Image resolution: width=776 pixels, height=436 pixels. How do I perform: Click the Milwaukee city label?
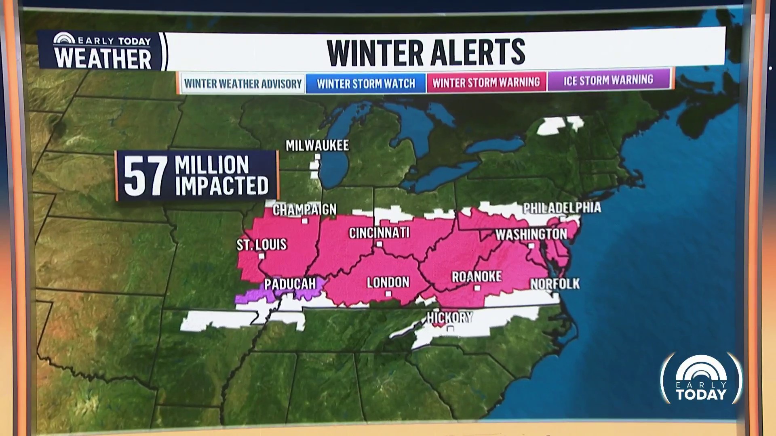point(317,145)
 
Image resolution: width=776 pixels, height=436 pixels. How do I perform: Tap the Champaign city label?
point(304,210)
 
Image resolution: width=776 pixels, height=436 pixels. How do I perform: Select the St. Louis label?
point(261,244)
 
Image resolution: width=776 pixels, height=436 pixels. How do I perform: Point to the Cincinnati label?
point(379,233)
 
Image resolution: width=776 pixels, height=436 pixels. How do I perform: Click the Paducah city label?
point(290,284)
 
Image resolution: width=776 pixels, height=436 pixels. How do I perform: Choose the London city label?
point(388,282)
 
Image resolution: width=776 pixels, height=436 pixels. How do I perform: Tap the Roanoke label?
point(477,277)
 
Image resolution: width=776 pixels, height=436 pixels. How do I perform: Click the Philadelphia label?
point(562,208)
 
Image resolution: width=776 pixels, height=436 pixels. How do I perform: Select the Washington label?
point(531,234)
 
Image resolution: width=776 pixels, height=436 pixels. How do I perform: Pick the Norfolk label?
point(555,284)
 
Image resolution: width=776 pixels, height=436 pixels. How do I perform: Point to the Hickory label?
point(449,317)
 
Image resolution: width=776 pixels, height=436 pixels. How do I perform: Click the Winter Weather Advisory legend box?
point(242,84)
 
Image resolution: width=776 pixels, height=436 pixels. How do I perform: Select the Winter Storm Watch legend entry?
point(366,84)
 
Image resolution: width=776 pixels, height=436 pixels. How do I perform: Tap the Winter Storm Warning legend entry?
point(486,82)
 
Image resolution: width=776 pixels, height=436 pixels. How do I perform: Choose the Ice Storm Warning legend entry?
point(608,80)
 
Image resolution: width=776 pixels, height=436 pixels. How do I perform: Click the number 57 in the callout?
point(145,176)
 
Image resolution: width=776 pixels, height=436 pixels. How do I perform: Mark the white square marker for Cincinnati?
point(379,244)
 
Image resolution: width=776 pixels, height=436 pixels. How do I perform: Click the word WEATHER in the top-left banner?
point(103,58)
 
